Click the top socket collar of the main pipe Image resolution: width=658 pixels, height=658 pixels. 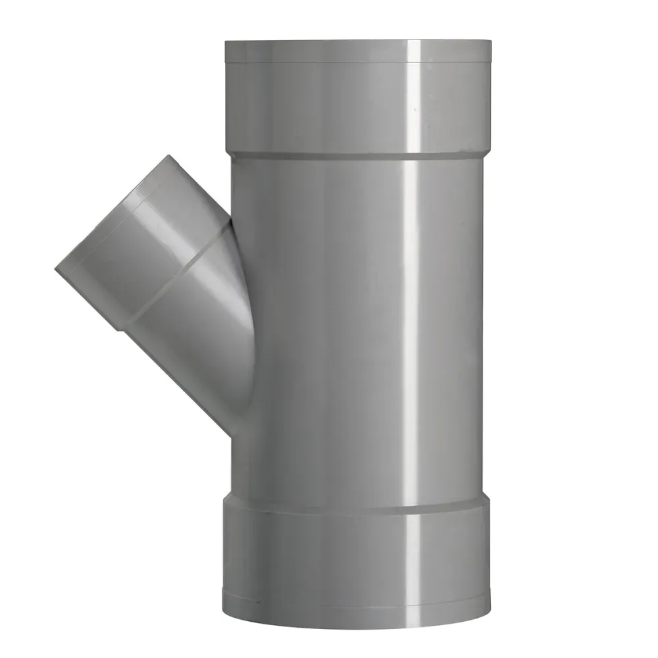[358, 105]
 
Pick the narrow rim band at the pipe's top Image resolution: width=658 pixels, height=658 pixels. [358, 51]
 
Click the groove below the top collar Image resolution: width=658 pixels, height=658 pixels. [358, 155]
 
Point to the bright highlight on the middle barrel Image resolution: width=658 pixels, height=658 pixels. [411, 329]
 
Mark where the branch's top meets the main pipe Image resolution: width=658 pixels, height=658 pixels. [230, 217]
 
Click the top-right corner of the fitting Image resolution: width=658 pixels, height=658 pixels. [491, 42]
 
